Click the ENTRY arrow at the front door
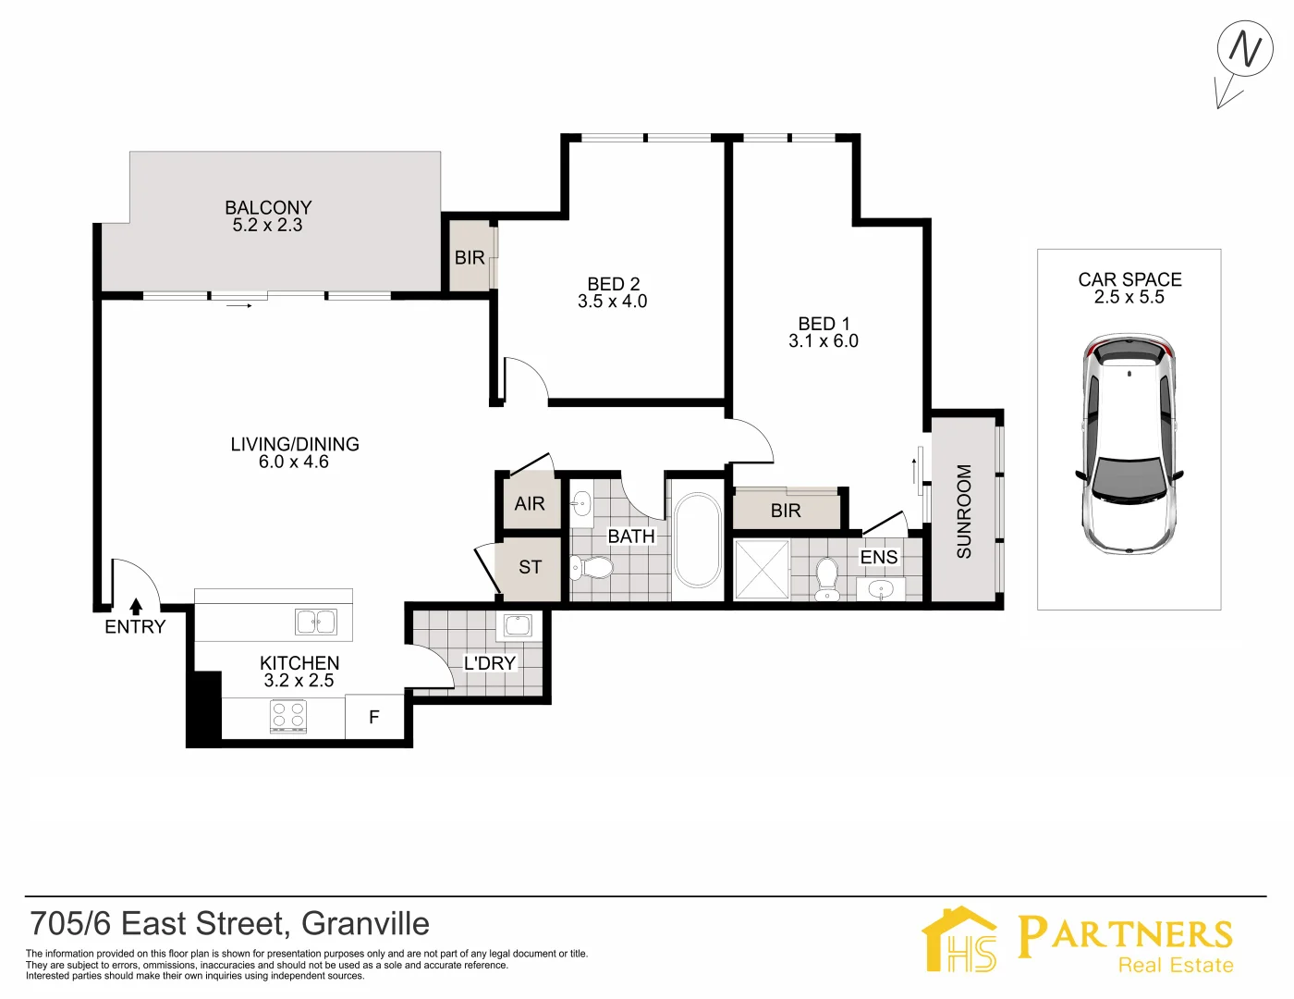tap(136, 607)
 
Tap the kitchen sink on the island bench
tap(316, 622)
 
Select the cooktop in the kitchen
tap(288, 716)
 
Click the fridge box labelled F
tap(374, 717)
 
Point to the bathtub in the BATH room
tap(698, 540)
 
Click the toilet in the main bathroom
tap(591, 567)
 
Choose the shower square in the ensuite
tap(762, 570)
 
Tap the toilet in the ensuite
tap(826, 577)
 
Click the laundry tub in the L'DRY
tap(517, 625)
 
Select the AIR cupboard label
tap(530, 504)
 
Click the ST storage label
tap(530, 567)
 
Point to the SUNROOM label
tap(964, 511)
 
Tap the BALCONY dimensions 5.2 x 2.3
tap(267, 225)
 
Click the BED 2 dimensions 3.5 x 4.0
tap(612, 302)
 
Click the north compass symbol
tap(1244, 51)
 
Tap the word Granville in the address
tap(365, 924)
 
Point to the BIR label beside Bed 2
tap(470, 258)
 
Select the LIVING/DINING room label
tap(295, 445)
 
